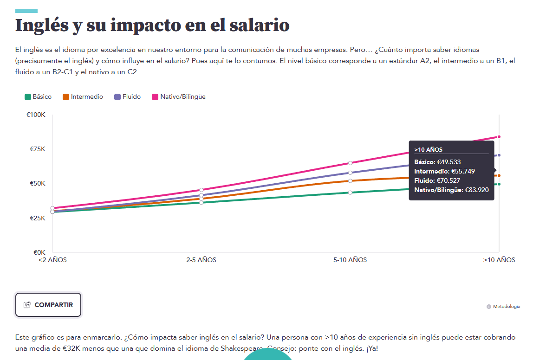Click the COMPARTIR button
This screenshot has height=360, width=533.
coord(48,305)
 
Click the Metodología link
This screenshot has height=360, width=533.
coord(506,307)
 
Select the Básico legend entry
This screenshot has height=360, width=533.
coord(38,97)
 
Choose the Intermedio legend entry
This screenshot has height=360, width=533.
coord(83,97)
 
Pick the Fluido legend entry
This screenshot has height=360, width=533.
coord(128,97)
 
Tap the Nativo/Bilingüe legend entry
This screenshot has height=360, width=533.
coord(179,97)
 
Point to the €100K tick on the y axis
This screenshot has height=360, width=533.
coord(36,115)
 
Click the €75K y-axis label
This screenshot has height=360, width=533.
coord(37,149)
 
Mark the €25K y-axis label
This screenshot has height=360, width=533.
coord(37,218)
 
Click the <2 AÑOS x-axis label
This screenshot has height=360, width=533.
coord(52,260)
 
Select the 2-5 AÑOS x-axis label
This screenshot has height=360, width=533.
coord(201,260)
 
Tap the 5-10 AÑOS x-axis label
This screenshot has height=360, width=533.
coord(350,260)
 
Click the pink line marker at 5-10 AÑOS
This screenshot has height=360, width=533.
coord(350,163)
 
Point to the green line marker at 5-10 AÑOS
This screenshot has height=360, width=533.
coord(350,193)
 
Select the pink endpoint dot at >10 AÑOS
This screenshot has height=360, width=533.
coord(499,136)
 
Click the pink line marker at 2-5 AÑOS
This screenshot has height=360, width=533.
coord(201,190)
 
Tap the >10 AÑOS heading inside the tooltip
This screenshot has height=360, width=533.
coord(429,150)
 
